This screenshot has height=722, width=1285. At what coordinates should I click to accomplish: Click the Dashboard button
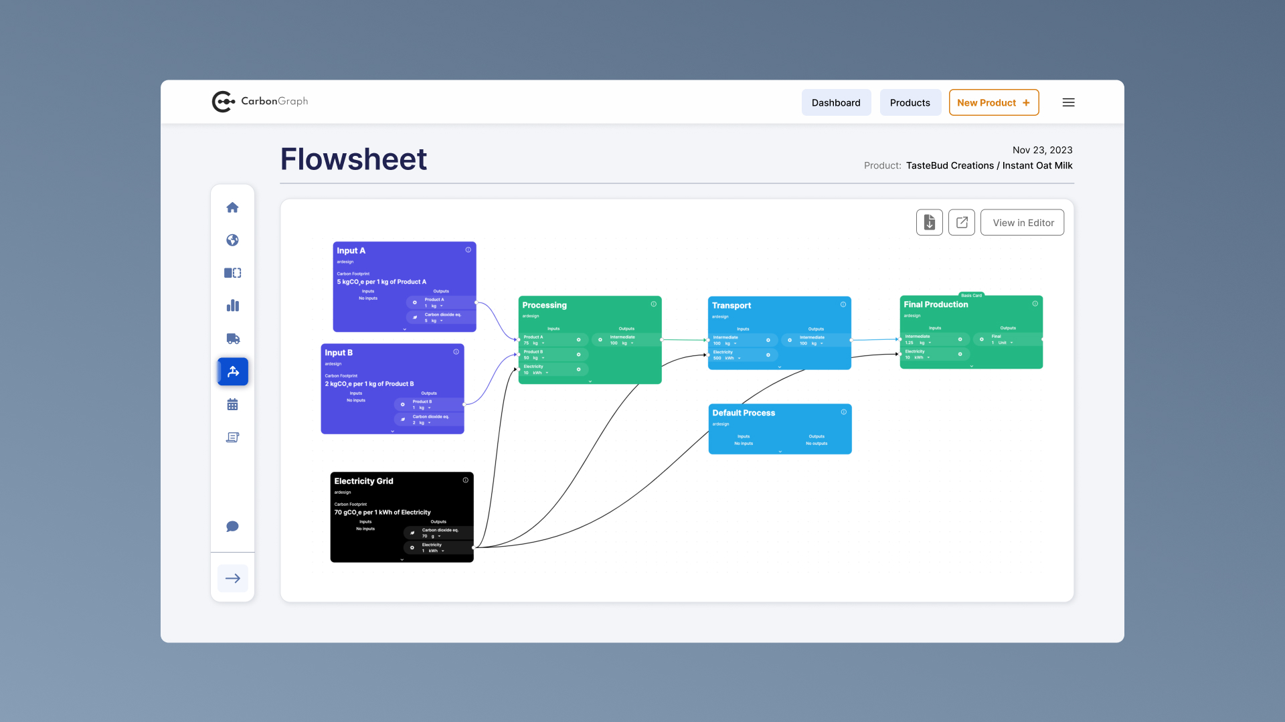pyautogui.click(x=836, y=102)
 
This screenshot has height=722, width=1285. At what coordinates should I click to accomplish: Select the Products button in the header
pyautogui.click(x=910, y=102)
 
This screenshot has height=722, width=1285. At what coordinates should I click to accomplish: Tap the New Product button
pyautogui.click(x=993, y=102)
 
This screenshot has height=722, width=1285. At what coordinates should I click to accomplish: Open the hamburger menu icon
pyautogui.click(x=1068, y=102)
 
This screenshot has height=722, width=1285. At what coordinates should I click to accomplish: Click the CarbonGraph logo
pyautogui.click(x=260, y=102)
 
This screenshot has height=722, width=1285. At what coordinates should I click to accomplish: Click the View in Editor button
pyautogui.click(x=1023, y=223)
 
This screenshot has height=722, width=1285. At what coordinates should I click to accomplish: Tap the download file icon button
pyautogui.click(x=929, y=223)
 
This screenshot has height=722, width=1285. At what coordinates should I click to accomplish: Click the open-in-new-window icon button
pyautogui.click(x=962, y=223)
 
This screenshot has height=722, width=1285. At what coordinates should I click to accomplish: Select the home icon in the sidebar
pyautogui.click(x=232, y=207)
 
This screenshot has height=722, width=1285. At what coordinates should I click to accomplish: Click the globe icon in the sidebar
pyautogui.click(x=232, y=240)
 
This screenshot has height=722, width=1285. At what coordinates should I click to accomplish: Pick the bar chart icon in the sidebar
pyautogui.click(x=232, y=306)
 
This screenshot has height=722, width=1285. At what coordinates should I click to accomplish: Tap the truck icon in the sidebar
pyautogui.click(x=232, y=339)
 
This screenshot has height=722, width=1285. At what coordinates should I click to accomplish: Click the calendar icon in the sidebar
pyautogui.click(x=232, y=404)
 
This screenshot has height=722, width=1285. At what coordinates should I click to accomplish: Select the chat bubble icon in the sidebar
pyautogui.click(x=232, y=527)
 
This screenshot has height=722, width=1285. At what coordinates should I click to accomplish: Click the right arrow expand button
pyautogui.click(x=232, y=578)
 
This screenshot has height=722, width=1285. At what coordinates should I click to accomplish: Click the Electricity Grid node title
pyautogui.click(x=363, y=481)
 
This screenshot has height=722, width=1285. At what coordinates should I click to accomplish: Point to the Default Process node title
pyautogui.click(x=744, y=413)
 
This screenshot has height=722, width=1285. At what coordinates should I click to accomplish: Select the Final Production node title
pyautogui.click(x=936, y=304)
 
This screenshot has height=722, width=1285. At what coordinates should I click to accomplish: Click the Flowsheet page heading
pyautogui.click(x=353, y=159)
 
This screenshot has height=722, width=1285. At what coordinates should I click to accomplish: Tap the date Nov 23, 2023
pyautogui.click(x=1042, y=150)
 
